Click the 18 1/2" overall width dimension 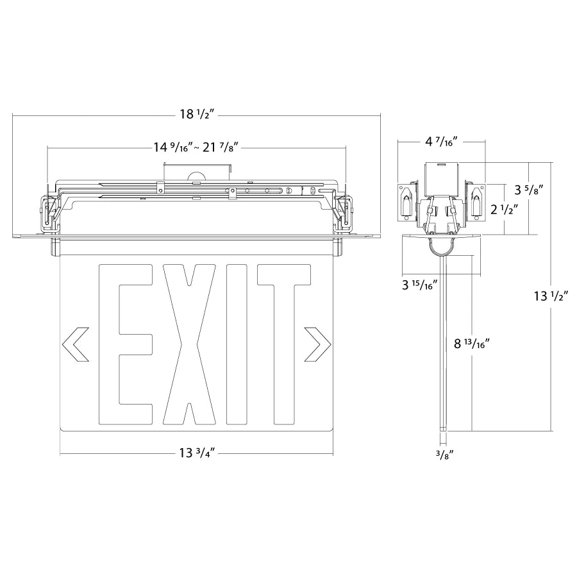tap(197, 115)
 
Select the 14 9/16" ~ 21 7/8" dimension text tap(196, 147)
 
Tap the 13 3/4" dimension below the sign tap(197, 453)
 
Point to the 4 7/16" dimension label tap(441, 141)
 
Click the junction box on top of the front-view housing tap(196, 171)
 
